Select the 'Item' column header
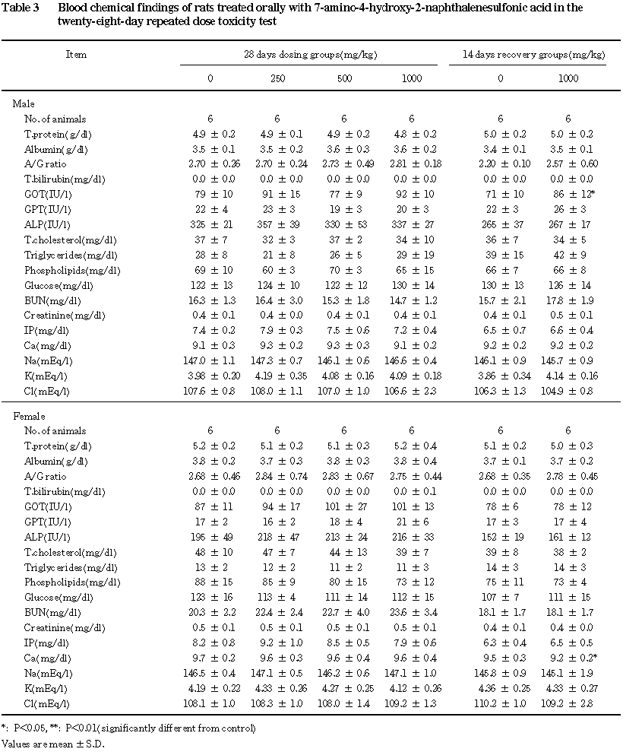click(x=76, y=55)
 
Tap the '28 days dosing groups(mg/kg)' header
click(x=310, y=55)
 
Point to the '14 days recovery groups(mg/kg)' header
click(x=534, y=55)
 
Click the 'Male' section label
click(x=24, y=103)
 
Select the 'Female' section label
click(x=29, y=417)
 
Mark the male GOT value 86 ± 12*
click(x=568, y=194)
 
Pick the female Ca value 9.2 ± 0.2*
click(x=568, y=657)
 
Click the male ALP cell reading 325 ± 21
click(x=210, y=224)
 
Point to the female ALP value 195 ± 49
click(x=210, y=536)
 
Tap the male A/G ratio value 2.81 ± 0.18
click(x=411, y=164)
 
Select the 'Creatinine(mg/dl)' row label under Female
click(x=59, y=627)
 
